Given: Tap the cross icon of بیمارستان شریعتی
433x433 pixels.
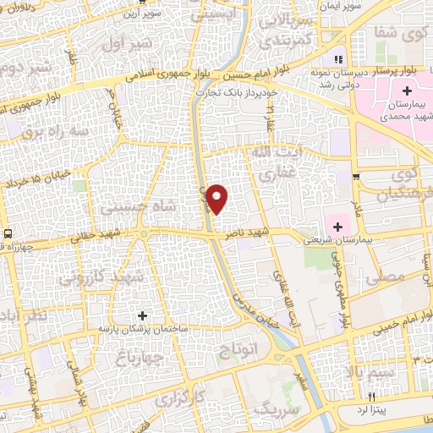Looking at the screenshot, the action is tap(338, 227).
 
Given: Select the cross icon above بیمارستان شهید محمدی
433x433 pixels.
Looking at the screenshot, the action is tap(408, 90).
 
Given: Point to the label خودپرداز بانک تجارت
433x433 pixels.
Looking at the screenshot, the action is tap(234, 91).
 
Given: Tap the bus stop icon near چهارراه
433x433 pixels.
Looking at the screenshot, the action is tap(8, 233).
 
